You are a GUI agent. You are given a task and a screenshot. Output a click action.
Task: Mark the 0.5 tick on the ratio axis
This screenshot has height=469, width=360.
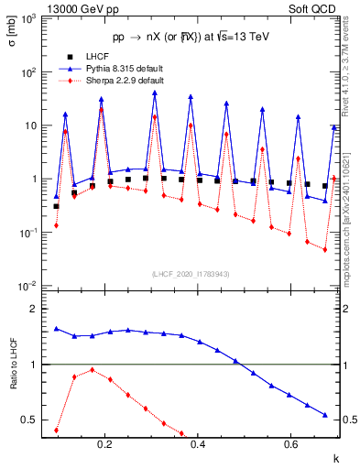pyautogui.click(x=35, y=420)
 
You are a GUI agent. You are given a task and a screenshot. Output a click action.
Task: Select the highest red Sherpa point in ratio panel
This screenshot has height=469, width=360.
pyautogui.click(x=92, y=370)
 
